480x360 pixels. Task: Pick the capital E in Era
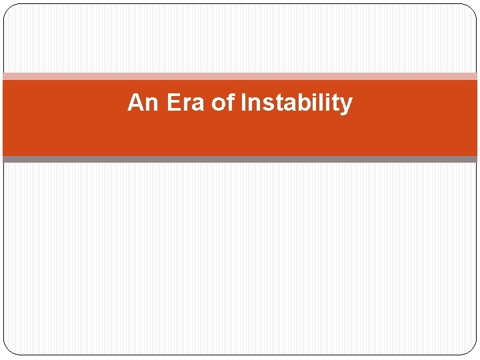pyautogui.click(x=172, y=103)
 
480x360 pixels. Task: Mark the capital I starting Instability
pyautogui.click(x=243, y=103)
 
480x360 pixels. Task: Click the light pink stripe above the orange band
pyautogui.click(x=240, y=77)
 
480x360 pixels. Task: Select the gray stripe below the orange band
pyautogui.click(x=240, y=159)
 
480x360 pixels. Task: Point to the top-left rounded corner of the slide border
pyautogui.click(x=8, y=8)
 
